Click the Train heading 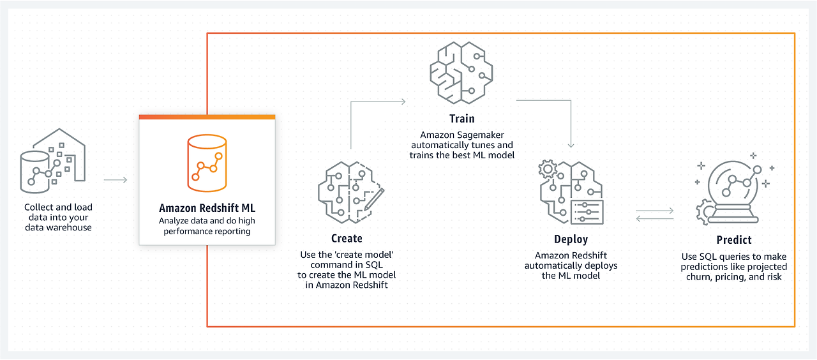(x=461, y=118)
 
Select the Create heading (x=347, y=238)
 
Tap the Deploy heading (x=571, y=239)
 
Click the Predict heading (x=734, y=240)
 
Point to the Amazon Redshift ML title (x=207, y=208)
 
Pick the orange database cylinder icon (x=207, y=163)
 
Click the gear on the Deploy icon (x=548, y=170)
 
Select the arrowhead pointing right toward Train (x=403, y=101)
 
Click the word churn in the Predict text (x=694, y=276)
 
